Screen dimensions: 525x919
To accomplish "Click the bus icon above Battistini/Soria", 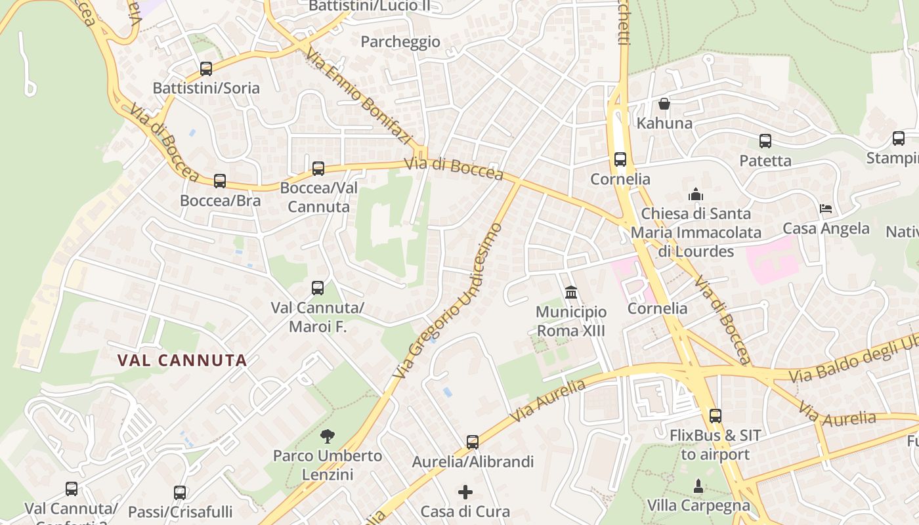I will (x=206, y=69).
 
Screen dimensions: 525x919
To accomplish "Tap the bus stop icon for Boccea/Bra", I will (x=220, y=181).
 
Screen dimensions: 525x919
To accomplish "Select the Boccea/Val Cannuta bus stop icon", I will (x=318, y=169).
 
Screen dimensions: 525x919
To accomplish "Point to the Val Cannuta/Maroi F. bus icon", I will (x=318, y=288).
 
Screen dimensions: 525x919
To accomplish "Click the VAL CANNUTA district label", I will (x=182, y=360).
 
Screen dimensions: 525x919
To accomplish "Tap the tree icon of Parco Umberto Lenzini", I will (x=327, y=436).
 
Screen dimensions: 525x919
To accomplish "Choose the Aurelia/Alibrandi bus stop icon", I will (x=473, y=442).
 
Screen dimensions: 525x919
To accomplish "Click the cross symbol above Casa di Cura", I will (x=465, y=492).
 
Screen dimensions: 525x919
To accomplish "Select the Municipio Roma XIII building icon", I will (x=571, y=292).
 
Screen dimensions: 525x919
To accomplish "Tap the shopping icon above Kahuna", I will (x=664, y=104).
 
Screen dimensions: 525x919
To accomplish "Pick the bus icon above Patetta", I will (x=765, y=141).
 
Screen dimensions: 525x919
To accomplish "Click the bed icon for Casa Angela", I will (x=826, y=209).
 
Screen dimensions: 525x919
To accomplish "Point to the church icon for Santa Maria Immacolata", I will (x=696, y=194).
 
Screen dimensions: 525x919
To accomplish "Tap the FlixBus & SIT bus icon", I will (x=716, y=416).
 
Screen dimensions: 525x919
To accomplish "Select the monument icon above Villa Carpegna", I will (x=698, y=486).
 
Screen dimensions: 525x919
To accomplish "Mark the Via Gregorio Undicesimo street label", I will (x=449, y=301).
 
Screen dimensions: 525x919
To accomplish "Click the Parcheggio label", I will (x=400, y=42).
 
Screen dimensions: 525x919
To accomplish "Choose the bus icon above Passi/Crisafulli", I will (x=180, y=492).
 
